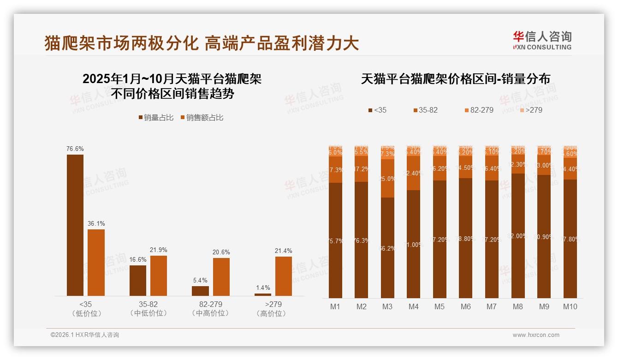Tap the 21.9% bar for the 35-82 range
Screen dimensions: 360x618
[159, 276]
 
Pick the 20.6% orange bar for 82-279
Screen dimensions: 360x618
[221, 276]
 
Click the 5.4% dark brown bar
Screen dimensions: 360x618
[200, 291]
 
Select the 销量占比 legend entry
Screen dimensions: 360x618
[156, 118]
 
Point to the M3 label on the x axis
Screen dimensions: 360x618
[387, 306]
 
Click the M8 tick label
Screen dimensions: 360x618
[518, 306]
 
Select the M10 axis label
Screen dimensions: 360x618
[570, 306]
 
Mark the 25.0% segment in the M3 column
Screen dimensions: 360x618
[387, 179]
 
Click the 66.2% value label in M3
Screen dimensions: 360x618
[387, 248]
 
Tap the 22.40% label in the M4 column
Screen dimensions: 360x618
[414, 173]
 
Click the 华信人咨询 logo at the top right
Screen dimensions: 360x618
[542, 40]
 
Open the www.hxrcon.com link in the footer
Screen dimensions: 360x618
[536, 335]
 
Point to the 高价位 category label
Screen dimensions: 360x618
[273, 313]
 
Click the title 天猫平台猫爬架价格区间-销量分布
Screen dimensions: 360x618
[455, 79]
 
